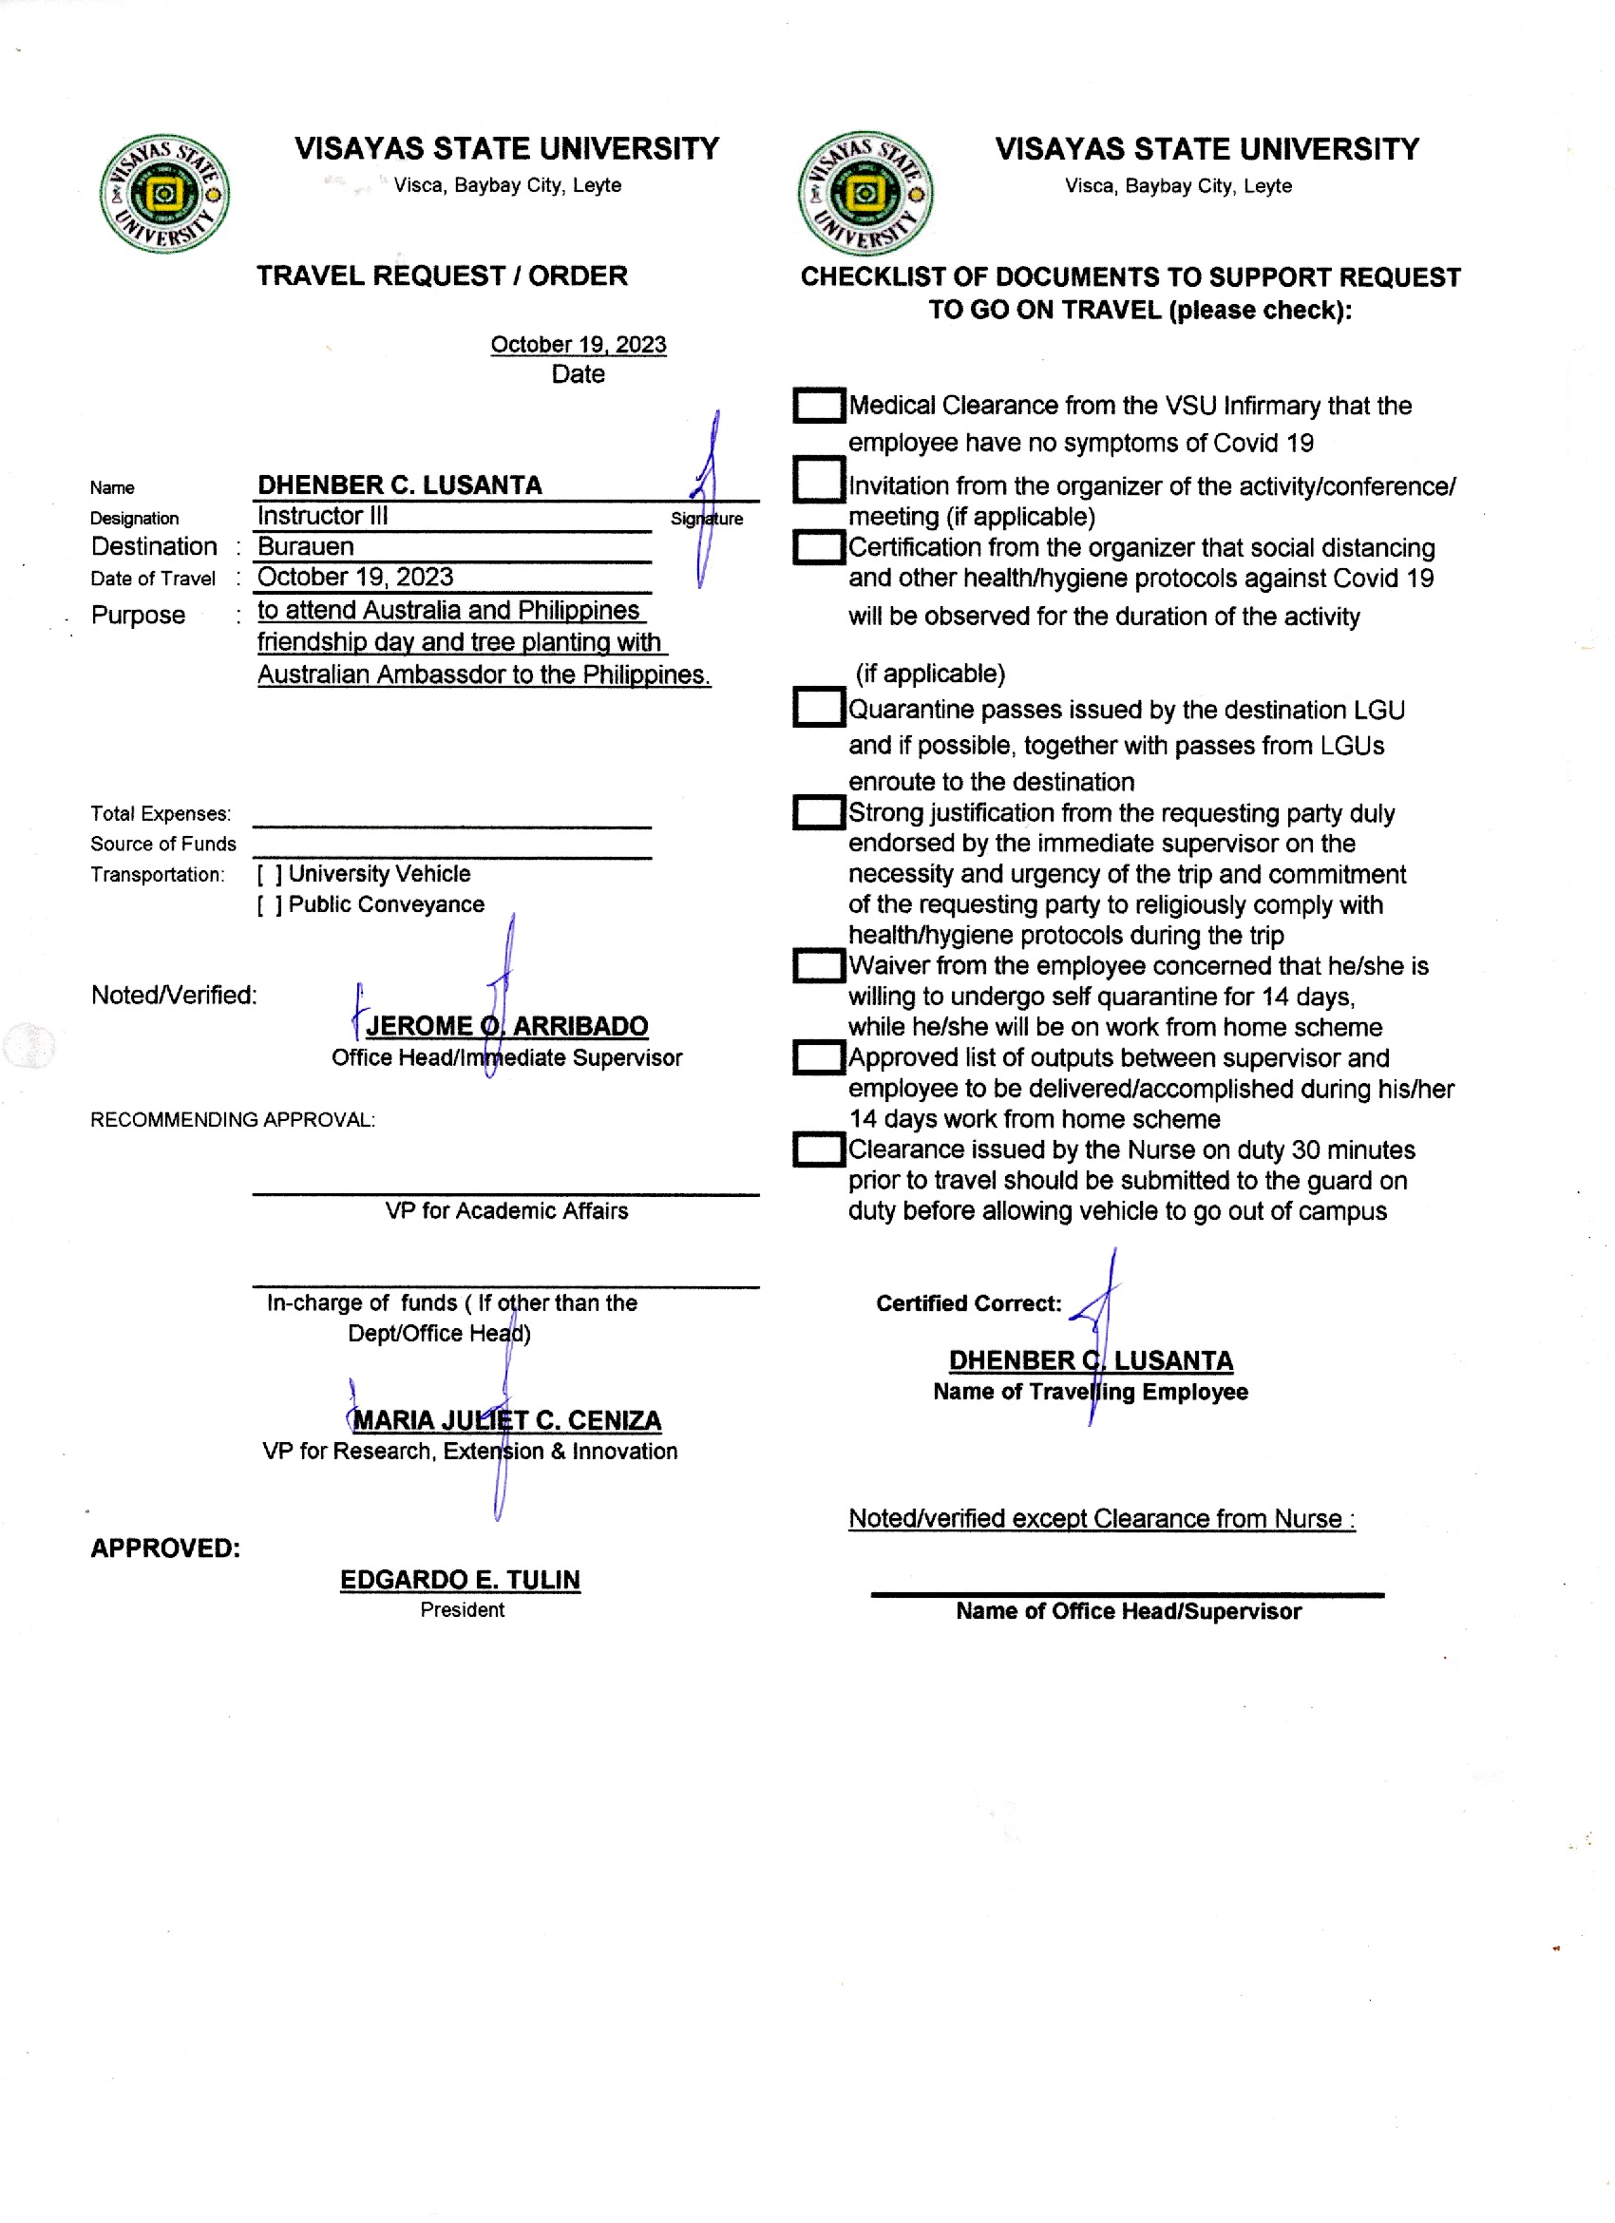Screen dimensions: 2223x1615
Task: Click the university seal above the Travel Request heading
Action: tap(164, 194)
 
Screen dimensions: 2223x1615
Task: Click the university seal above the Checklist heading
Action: tap(865, 194)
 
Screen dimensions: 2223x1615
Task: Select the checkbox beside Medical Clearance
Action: tap(817, 405)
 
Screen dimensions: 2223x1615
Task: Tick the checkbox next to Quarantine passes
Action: tap(817, 708)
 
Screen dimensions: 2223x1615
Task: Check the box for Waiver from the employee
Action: tap(817, 965)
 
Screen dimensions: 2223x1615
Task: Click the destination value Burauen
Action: tap(306, 547)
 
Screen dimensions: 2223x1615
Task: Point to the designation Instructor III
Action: tap(322, 516)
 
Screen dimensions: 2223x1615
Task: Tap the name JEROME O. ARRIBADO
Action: tap(506, 1026)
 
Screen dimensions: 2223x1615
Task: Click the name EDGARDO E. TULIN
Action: tap(460, 1580)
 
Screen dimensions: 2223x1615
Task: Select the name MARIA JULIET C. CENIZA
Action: tap(506, 1420)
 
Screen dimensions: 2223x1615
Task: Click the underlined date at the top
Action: tap(579, 345)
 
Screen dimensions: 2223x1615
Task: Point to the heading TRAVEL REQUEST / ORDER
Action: tap(442, 276)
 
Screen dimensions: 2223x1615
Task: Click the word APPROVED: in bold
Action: tap(165, 1548)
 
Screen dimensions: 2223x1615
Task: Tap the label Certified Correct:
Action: tap(968, 1303)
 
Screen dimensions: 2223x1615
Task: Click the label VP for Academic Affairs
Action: tap(505, 1211)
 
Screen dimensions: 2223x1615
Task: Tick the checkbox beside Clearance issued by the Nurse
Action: tap(817, 1149)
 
